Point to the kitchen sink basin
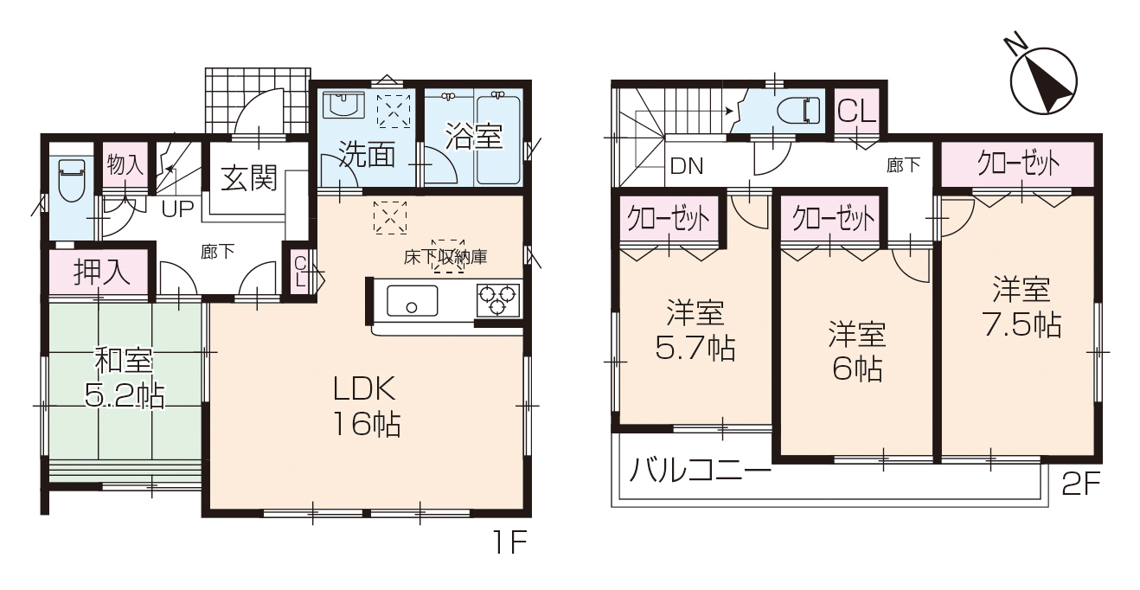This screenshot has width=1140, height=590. click(412, 301)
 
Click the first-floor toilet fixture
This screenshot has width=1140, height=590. click(72, 181)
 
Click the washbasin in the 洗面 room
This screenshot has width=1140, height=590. click(344, 105)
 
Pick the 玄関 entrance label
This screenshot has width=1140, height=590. click(249, 178)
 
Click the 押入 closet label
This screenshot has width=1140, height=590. click(102, 273)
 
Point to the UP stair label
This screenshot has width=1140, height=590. click(177, 208)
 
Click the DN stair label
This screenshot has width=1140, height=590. click(687, 166)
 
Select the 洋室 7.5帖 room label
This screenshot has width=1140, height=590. click(1022, 307)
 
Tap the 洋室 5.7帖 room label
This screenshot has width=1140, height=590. click(695, 330)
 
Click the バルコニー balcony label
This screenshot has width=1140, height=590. click(701, 470)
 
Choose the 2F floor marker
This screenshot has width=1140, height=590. click(1081, 484)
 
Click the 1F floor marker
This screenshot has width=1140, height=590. click(509, 542)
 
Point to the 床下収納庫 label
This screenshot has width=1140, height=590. click(445, 257)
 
